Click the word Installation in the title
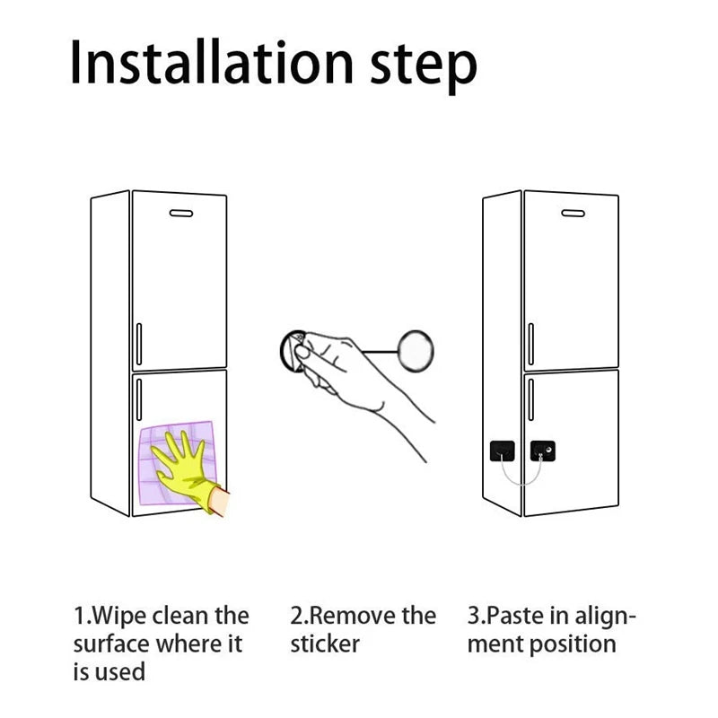[212, 62]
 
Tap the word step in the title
[424, 68]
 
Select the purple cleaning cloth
[176, 462]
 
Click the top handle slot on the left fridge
[181, 214]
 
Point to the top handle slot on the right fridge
[574, 214]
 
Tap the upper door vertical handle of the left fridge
[139, 344]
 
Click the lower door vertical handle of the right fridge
[531, 399]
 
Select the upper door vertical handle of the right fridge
[531, 344]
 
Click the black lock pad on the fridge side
[503, 451]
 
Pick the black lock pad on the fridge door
[543, 451]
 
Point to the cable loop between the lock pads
[521, 481]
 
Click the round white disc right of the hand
[416, 351]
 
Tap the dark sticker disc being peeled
[292, 351]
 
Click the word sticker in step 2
[325, 644]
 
